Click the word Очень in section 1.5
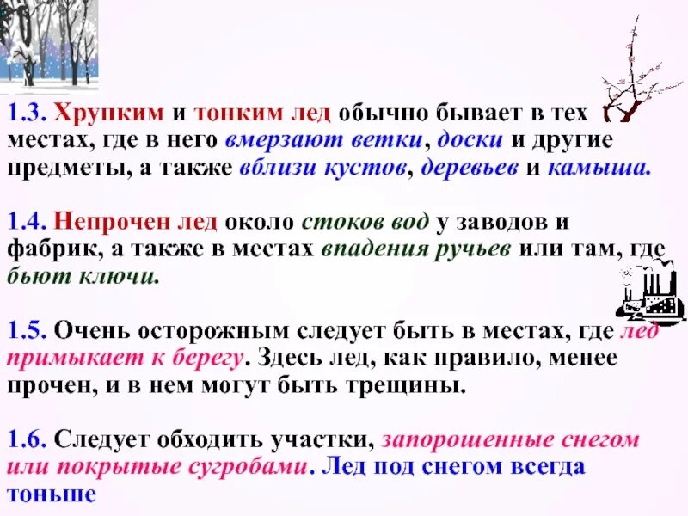click(83, 329)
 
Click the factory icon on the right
click(651, 289)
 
